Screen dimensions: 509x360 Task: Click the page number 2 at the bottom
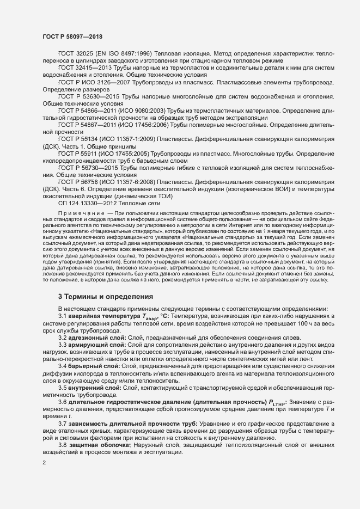tap(44, 463)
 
